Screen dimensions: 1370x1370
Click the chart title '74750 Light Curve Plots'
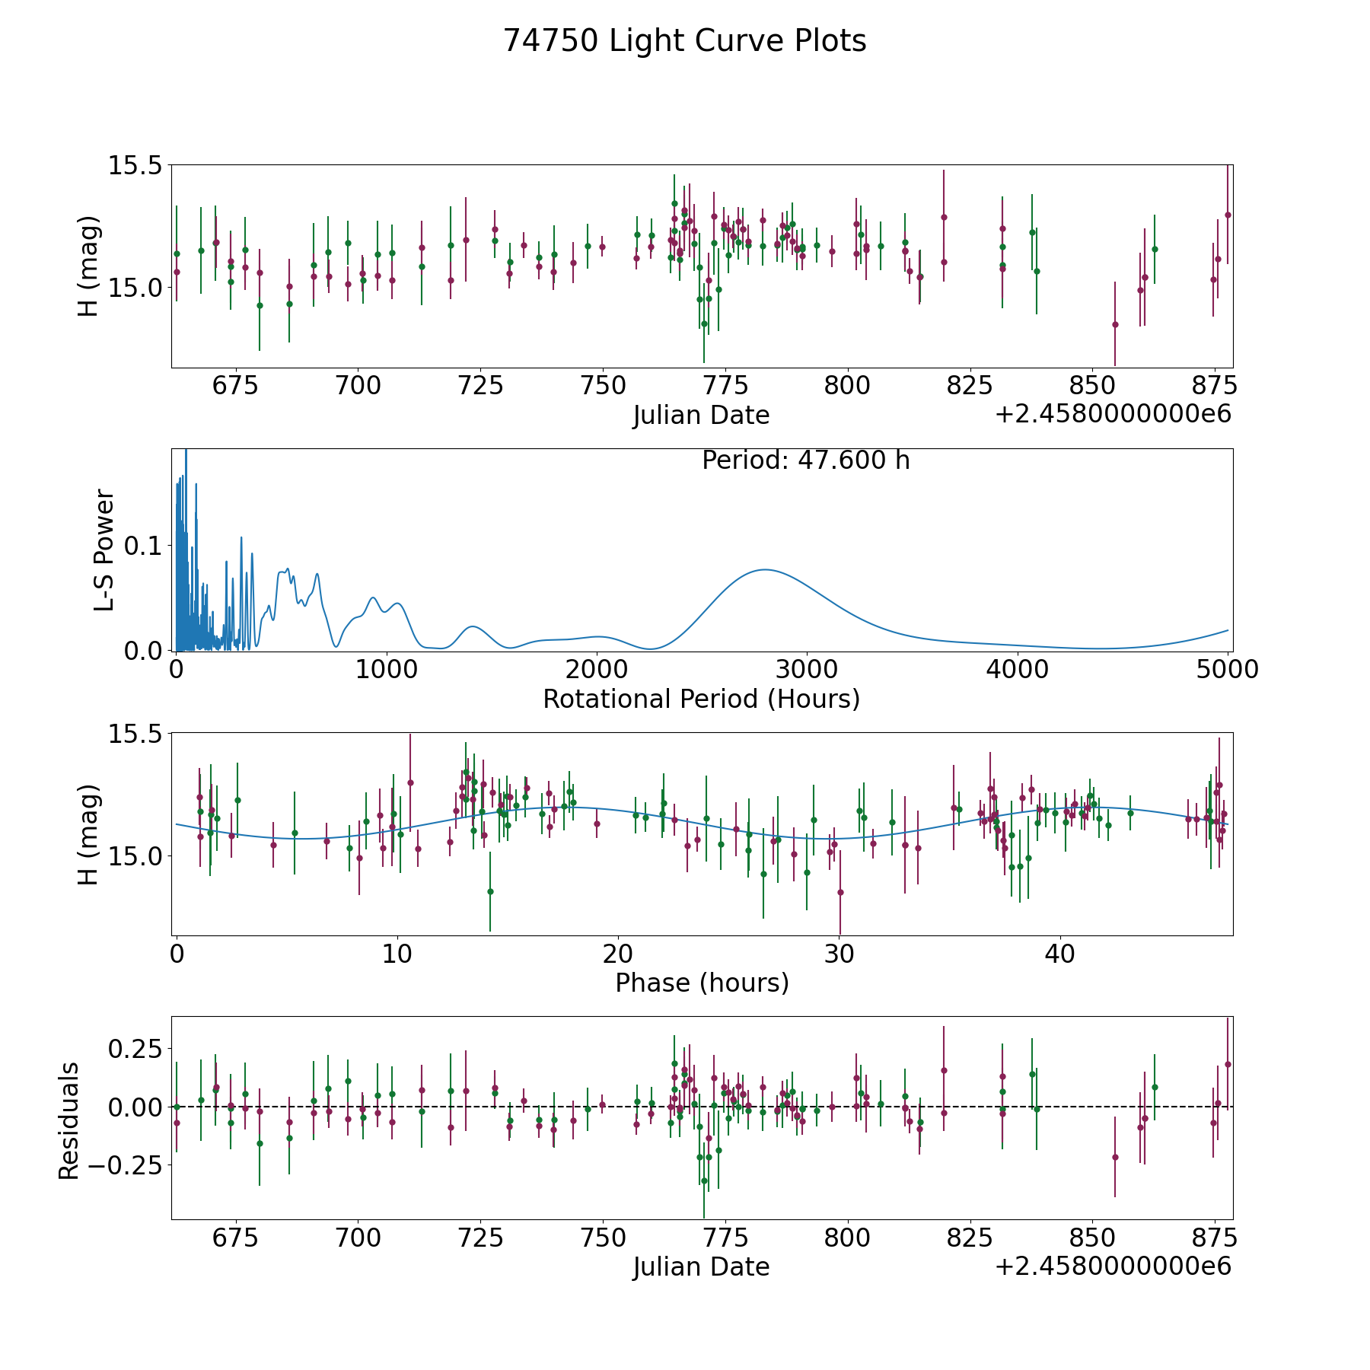(x=684, y=41)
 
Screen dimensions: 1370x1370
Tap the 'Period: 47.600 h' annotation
(x=805, y=460)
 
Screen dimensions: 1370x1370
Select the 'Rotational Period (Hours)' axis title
(x=701, y=699)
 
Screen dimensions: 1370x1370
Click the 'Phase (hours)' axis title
(x=702, y=983)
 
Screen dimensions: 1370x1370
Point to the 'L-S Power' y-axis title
(x=104, y=550)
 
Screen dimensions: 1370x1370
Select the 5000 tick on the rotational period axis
(x=1227, y=670)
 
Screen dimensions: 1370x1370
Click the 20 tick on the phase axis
(x=618, y=954)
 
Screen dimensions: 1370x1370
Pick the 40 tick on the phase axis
(x=1059, y=954)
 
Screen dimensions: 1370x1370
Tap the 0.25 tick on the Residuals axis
(x=135, y=1049)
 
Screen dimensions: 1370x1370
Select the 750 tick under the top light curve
(x=602, y=386)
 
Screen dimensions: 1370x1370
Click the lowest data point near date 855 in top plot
(x=1115, y=324)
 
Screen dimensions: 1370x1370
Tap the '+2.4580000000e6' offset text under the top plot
(x=1113, y=415)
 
